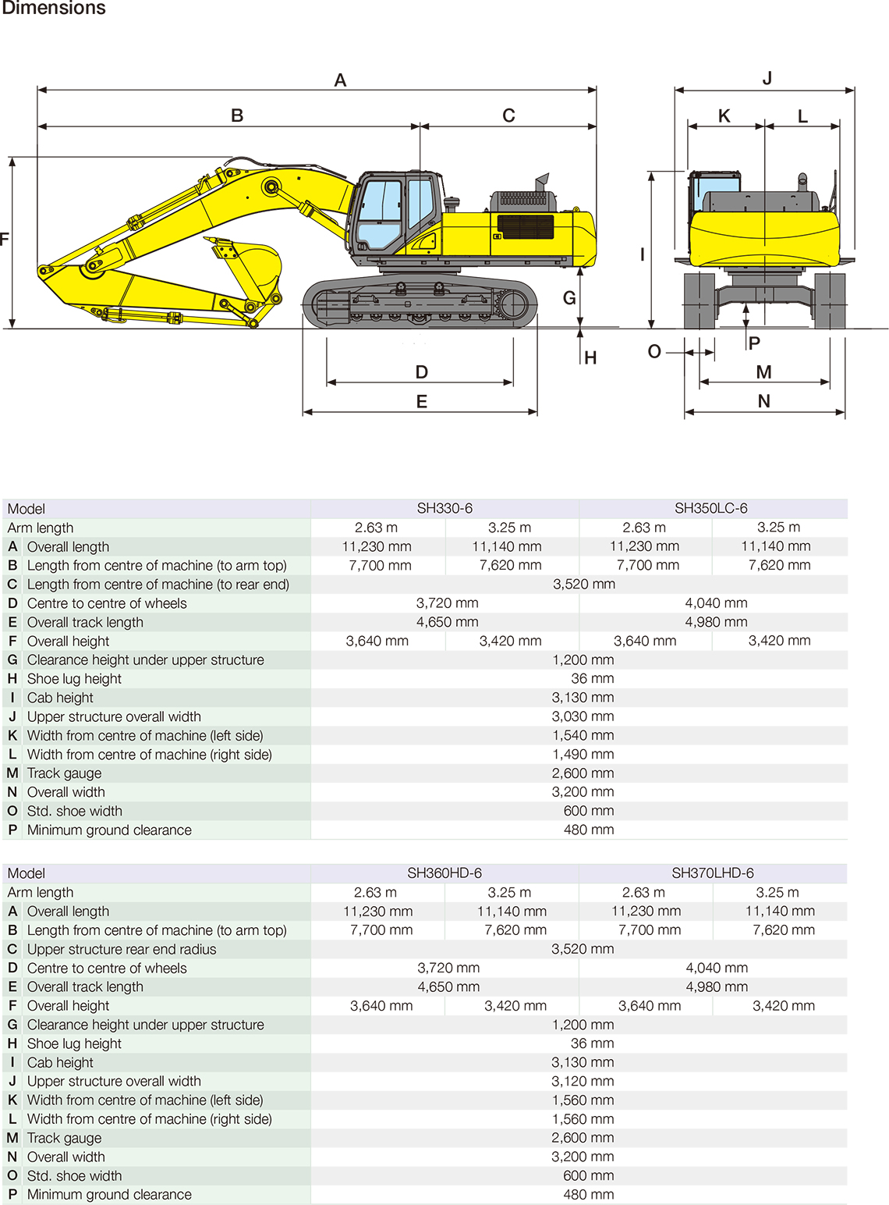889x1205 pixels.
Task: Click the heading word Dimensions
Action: click(x=54, y=9)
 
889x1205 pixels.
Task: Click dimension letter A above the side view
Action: click(x=340, y=80)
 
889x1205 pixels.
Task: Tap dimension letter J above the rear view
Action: click(x=767, y=78)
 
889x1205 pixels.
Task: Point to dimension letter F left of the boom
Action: click(x=5, y=239)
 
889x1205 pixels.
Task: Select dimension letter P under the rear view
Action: click(x=754, y=343)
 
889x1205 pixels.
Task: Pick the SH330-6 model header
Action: click(x=444, y=508)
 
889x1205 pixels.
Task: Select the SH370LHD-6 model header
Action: click(x=713, y=873)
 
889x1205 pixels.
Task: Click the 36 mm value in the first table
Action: click(x=592, y=679)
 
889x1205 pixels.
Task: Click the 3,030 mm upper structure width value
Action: click(x=583, y=716)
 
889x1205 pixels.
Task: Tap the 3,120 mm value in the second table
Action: click(x=583, y=1081)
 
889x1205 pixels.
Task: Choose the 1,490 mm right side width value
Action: click(x=583, y=755)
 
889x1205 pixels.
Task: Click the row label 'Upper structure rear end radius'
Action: click(x=122, y=949)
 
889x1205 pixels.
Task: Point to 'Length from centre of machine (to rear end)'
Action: click(x=158, y=585)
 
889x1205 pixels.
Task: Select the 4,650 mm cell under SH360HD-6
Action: click(x=448, y=986)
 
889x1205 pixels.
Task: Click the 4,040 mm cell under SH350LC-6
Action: click(x=716, y=603)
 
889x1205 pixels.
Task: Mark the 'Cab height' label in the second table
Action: click(x=60, y=1062)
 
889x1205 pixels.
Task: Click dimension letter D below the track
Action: click(x=422, y=372)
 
